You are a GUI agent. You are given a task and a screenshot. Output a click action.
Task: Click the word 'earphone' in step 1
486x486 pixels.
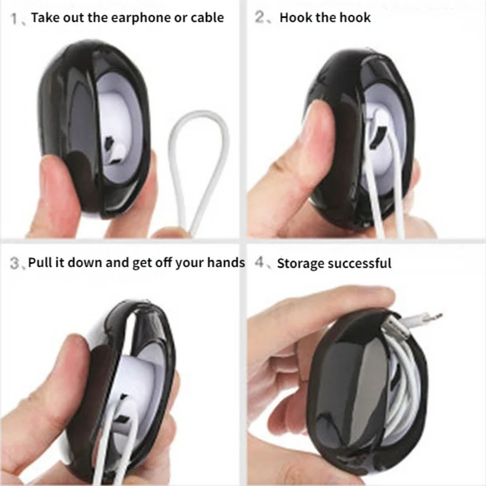141,18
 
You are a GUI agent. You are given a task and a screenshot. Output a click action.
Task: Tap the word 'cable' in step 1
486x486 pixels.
207,18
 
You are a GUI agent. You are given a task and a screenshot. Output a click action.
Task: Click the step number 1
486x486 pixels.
14,19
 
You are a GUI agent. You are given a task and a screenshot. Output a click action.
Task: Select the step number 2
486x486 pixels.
259,17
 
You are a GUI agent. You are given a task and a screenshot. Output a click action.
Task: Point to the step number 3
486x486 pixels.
14,264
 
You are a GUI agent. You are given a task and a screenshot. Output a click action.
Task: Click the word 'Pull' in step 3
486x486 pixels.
40,262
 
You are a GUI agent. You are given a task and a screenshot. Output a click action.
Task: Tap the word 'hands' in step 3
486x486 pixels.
226,262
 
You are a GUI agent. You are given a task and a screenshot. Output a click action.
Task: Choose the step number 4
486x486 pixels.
259,263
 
